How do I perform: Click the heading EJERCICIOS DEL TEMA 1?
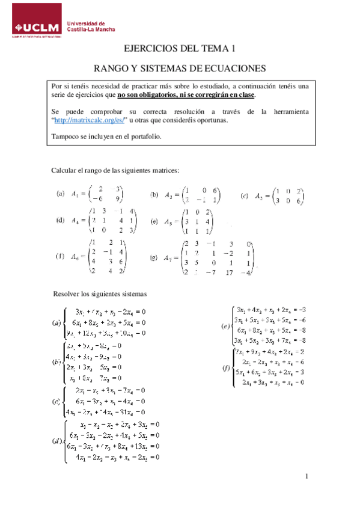point(180,49)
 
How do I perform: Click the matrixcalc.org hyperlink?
point(90,120)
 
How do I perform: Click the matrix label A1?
point(76,194)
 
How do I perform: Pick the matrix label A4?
point(76,220)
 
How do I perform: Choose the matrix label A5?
point(171,222)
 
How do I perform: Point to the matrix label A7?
point(170,258)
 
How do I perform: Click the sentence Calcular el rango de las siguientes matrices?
point(115,171)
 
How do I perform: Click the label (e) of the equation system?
point(226,327)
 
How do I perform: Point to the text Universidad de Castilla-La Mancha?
point(91,25)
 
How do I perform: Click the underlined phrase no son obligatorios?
point(153,95)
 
